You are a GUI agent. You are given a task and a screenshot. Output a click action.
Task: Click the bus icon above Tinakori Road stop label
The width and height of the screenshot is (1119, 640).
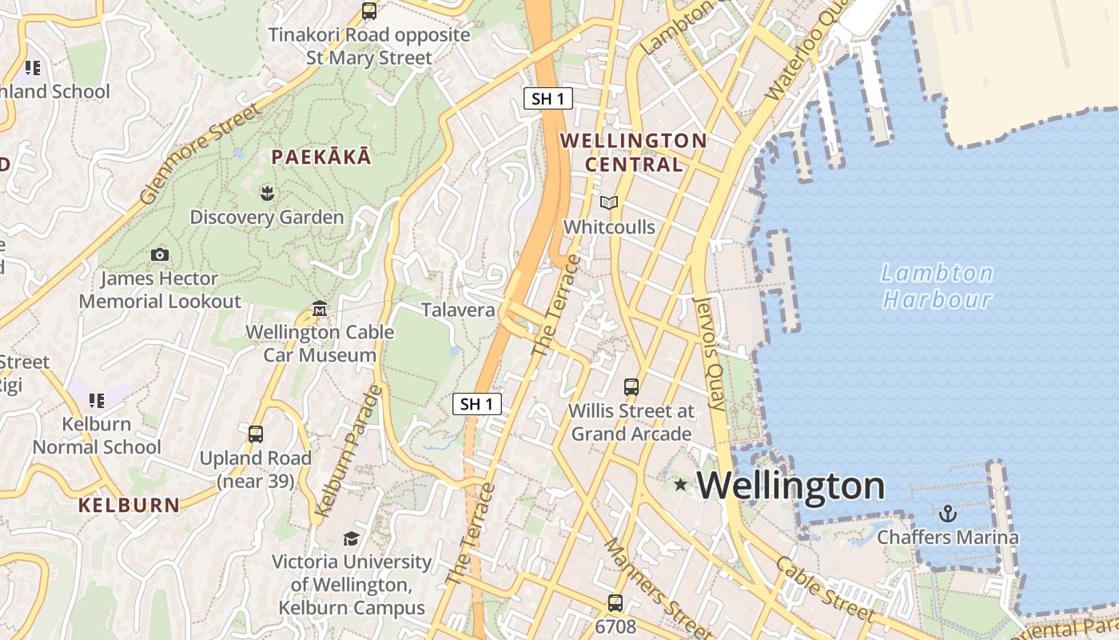click(x=368, y=11)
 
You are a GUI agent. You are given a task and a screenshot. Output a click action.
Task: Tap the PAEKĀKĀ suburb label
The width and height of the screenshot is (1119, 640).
click(x=321, y=157)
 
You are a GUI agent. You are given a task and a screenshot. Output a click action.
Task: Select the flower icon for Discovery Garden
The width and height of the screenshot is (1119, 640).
click(x=266, y=193)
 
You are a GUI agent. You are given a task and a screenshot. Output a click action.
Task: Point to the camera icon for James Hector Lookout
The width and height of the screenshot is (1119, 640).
click(x=160, y=254)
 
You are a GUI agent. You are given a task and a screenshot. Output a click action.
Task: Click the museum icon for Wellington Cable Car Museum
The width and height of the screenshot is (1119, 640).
click(x=320, y=308)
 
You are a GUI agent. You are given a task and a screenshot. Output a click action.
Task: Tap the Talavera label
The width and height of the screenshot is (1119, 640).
click(x=458, y=310)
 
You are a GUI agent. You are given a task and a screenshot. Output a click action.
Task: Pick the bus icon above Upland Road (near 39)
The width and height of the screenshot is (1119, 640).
click(x=256, y=434)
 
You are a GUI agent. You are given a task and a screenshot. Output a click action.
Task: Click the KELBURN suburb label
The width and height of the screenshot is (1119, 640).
click(x=129, y=505)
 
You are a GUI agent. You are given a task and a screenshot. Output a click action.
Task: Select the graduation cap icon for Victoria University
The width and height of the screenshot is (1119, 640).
click(x=351, y=538)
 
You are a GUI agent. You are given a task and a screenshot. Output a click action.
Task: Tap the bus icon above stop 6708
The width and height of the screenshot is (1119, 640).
click(x=615, y=602)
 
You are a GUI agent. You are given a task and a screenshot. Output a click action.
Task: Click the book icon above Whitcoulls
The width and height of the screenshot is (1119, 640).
click(x=609, y=203)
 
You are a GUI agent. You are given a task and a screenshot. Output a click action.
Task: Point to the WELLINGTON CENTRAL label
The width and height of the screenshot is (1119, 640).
click(x=634, y=153)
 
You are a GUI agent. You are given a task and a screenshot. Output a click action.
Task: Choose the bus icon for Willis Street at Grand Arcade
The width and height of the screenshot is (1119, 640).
click(x=631, y=387)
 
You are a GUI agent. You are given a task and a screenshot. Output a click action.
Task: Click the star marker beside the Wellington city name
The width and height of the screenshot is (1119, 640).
click(x=680, y=485)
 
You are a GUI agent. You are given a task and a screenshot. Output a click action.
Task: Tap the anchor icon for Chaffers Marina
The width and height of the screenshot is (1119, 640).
click(x=948, y=513)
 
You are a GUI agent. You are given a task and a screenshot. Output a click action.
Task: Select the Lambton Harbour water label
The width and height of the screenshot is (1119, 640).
click(x=937, y=286)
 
